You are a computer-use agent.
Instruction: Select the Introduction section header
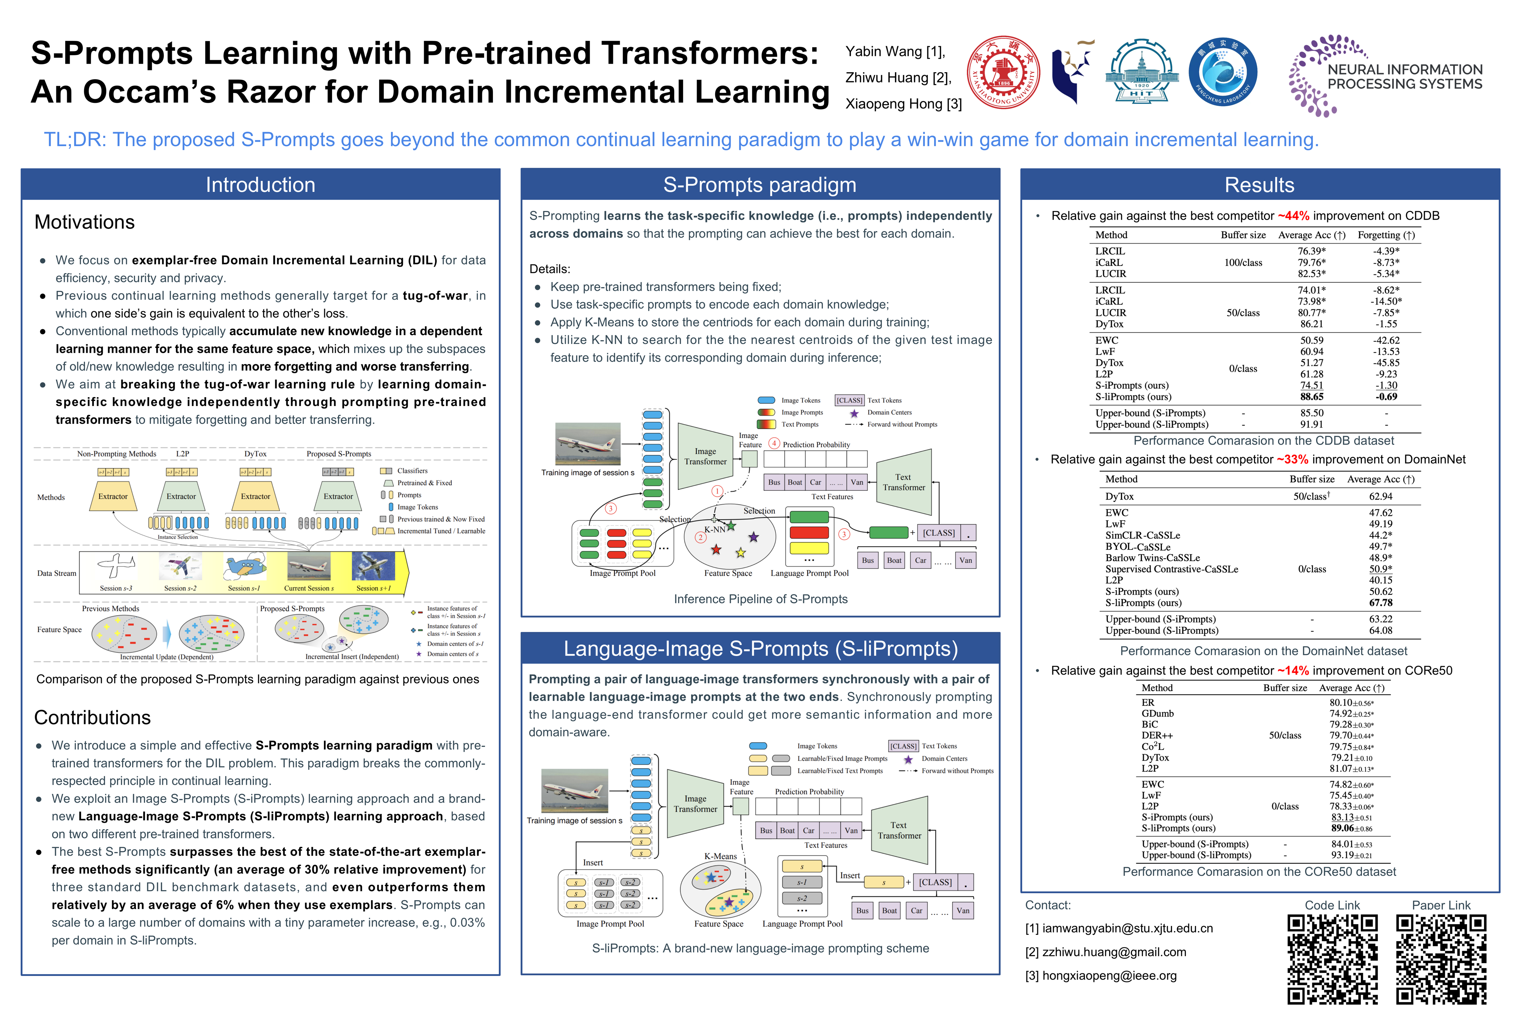[x=260, y=185]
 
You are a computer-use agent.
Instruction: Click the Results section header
[x=1259, y=185]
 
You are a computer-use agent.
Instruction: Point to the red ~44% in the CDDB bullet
[x=1293, y=216]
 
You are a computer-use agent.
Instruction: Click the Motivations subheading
[x=85, y=223]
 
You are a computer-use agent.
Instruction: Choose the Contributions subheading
[x=93, y=718]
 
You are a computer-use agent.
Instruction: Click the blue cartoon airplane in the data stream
[x=244, y=567]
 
